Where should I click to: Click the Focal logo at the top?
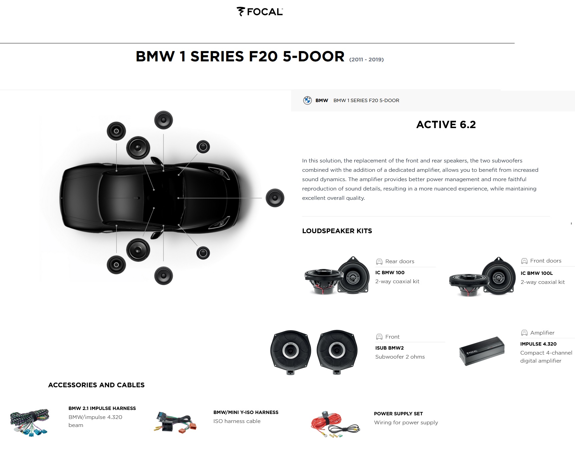pyautogui.click(x=260, y=12)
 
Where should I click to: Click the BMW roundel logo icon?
pyautogui.click(x=307, y=100)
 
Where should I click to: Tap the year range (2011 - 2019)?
pyautogui.click(x=366, y=60)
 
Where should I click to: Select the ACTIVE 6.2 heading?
pyautogui.click(x=446, y=124)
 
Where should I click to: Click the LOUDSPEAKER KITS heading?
pyautogui.click(x=337, y=231)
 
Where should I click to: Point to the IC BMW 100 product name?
pyautogui.click(x=390, y=273)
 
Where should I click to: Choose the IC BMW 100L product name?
pyautogui.click(x=536, y=273)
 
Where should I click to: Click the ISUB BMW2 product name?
pyautogui.click(x=389, y=348)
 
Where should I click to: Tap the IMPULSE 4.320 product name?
pyautogui.click(x=538, y=344)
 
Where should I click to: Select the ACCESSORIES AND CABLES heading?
pyautogui.click(x=96, y=385)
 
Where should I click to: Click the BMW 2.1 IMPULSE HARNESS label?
pyautogui.click(x=102, y=408)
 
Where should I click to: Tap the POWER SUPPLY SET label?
pyautogui.click(x=398, y=414)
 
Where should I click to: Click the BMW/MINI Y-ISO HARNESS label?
pyautogui.click(x=246, y=412)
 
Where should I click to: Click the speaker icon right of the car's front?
pyautogui.click(x=275, y=198)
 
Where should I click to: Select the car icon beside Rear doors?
pyautogui.click(x=379, y=262)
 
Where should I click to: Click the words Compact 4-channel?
pyautogui.click(x=546, y=353)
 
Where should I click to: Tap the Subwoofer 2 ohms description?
pyautogui.click(x=400, y=357)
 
